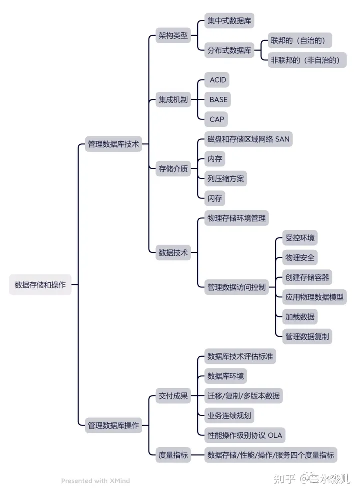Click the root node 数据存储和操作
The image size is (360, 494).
pos(40,285)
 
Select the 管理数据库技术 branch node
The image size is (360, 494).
pos(113,144)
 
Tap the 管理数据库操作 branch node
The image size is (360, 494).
pos(113,426)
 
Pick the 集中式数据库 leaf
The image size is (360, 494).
pos(230,21)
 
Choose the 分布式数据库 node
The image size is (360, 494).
pos(230,50)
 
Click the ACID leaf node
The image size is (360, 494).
pos(218,80)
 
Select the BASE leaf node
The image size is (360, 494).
pos(218,99)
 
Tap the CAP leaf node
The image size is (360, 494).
pos(217,119)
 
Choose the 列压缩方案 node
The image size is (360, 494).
pos(226,178)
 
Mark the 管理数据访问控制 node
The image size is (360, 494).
pos(237,287)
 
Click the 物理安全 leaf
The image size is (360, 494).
pos(300,258)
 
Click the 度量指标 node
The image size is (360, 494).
pos(173,455)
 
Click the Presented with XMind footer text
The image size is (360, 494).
pos(95,481)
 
